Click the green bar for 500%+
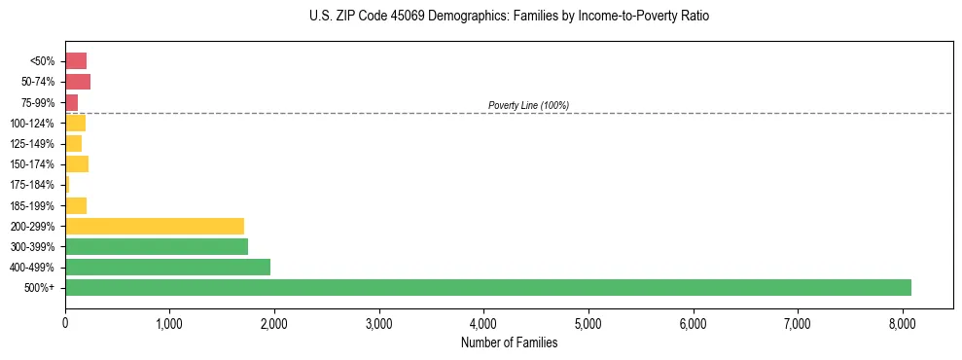coord(487,287)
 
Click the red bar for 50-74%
coord(78,82)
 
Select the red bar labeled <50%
coord(76,61)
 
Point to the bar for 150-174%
coord(77,163)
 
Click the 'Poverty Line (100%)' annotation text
coord(528,105)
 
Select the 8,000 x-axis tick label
coord(902,322)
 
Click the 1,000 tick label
coord(169,322)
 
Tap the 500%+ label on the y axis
coord(40,288)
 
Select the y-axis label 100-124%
coord(32,124)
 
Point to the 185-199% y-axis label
coord(32,205)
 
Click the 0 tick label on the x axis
coord(65,322)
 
